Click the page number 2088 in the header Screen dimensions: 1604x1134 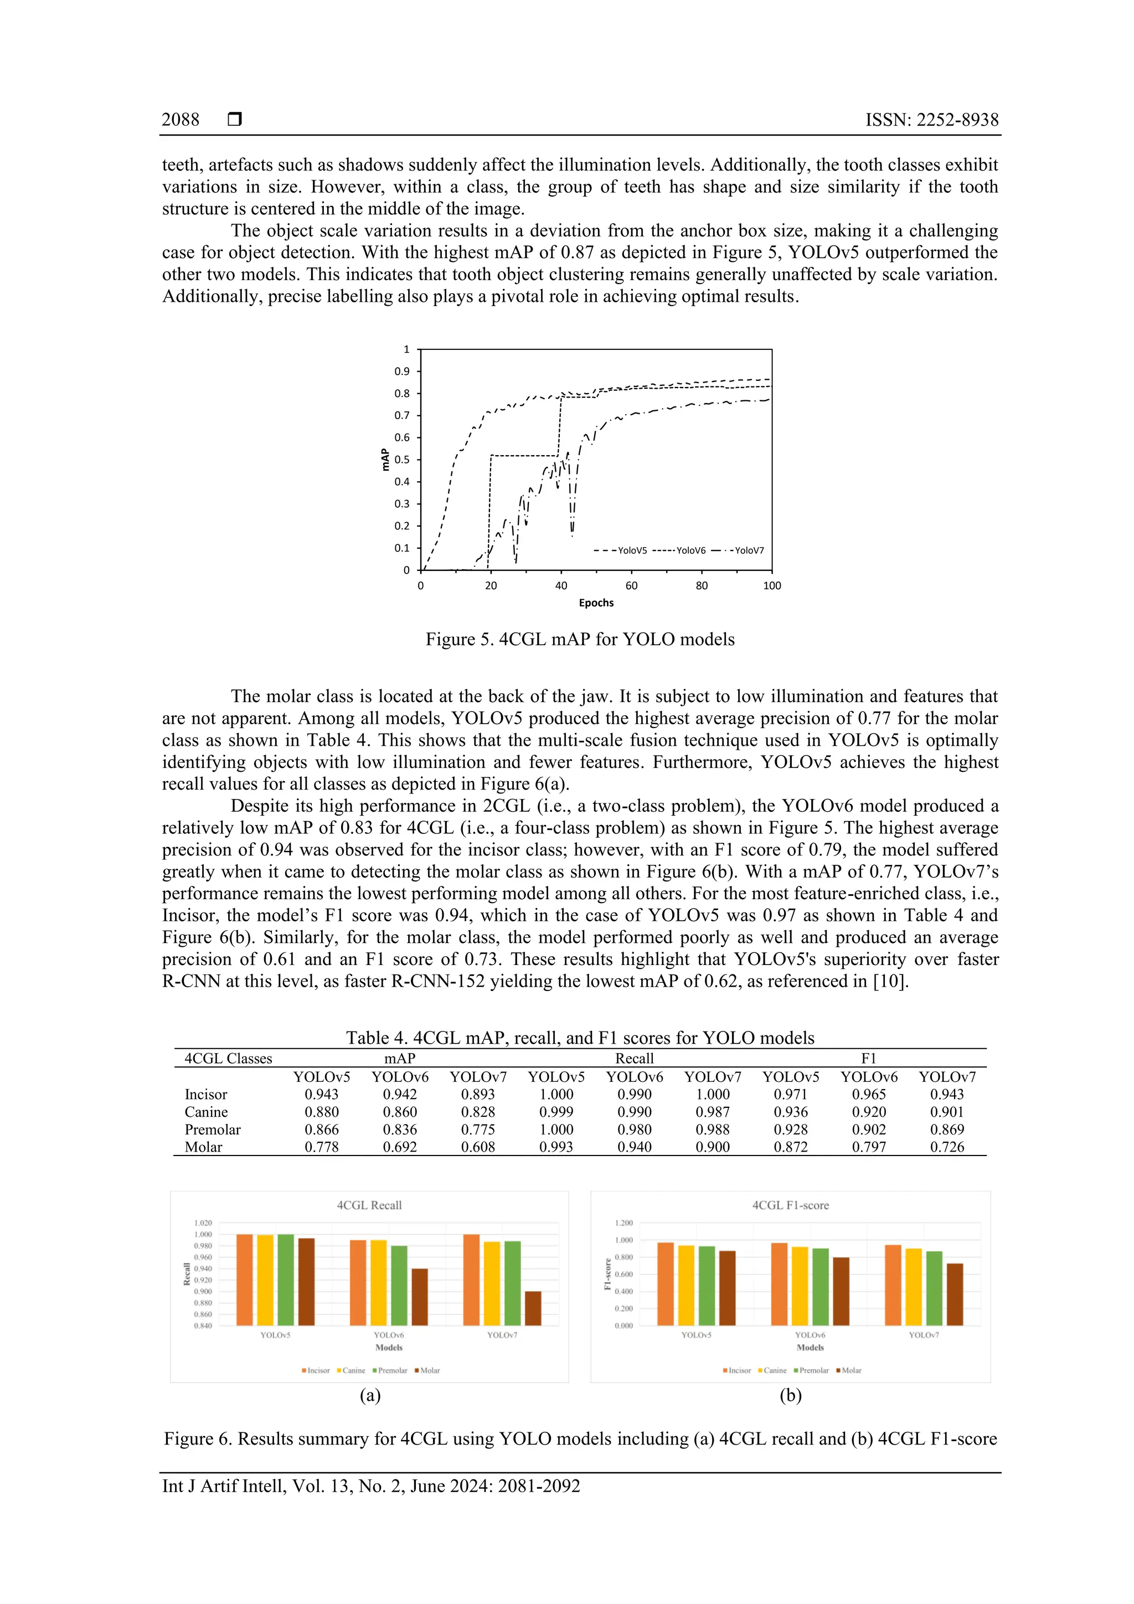pyautogui.click(x=181, y=120)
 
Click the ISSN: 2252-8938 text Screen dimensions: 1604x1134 pyautogui.click(x=931, y=120)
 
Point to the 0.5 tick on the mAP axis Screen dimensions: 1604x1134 pyautogui.click(x=402, y=460)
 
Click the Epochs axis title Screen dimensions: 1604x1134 pyautogui.click(x=595, y=603)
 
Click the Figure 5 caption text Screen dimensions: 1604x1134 pyautogui.click(x=580, y=639)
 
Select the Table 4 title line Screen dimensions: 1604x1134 pyautogui.click(x=580, y=1038)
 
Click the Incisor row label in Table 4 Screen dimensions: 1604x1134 pyautogui.click(x=205, y=1094)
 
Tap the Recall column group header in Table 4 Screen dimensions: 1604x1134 pyautogui.click(x=634, y=1059)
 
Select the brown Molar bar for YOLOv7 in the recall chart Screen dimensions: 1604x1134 pyautogui.click(x=533, y=1308)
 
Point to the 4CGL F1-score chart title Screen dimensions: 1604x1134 pyautogui.click(x=790, y=1205)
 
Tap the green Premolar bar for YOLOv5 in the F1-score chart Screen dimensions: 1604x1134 pyautogui.click(x=707, y=1286)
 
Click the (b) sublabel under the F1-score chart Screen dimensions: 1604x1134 pyautogui.click(x=790, y=1395)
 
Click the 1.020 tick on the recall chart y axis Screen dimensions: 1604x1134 pyautogui.click(x=203, y=1223)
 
